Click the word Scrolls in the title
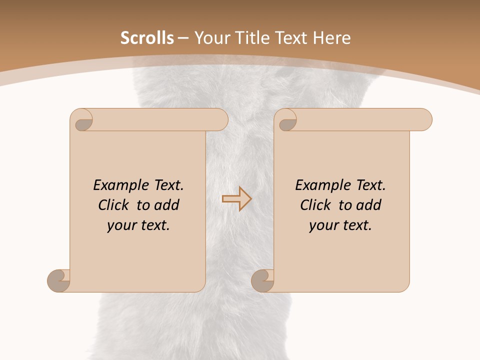pos(147,38)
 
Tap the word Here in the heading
pos(331,38)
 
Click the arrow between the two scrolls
pos(236,199)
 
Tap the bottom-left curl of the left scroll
pos(59,280)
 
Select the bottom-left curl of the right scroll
pos(262,280)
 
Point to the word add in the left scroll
pos(167,205)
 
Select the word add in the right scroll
pos(369,205)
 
